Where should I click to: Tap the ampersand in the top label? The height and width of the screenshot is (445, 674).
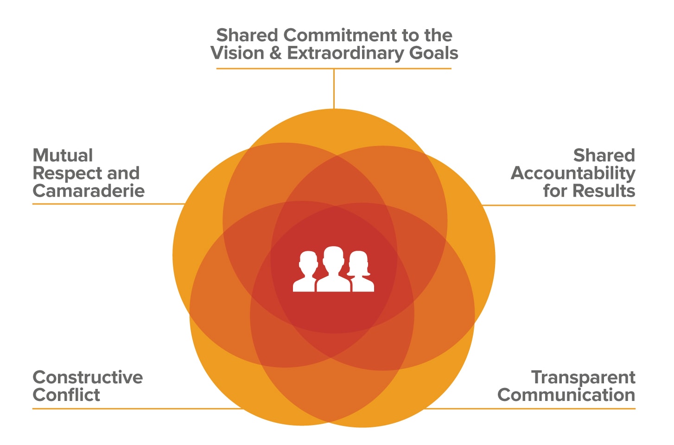click(x=275, y=53)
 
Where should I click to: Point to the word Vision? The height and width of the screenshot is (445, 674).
click(x=237, y=53)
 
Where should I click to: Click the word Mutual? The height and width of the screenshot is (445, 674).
click(x=63, y=156)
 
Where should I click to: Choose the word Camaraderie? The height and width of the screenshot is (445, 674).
click(x=89, y=191)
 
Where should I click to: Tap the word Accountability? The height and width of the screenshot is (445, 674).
click(x=573, y=174)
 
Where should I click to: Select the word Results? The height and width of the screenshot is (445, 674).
click(x=604, y=191)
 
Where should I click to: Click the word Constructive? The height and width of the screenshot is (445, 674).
click(x=88, y=377)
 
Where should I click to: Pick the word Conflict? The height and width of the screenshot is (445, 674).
click(x=66, y=395)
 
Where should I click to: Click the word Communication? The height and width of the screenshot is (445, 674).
click(x=566, y=395)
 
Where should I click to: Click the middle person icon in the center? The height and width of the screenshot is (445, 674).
click(x=333, y=269)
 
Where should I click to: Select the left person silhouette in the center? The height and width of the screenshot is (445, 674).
click(x=305, y=272)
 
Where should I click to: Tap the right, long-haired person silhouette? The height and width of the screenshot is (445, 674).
click(x=361, y=272)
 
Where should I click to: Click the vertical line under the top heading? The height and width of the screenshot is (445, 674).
click(x=334, y=89)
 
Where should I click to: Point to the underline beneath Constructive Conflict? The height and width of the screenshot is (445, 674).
click(x=137, y=408)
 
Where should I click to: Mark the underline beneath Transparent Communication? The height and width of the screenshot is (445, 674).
click(x=530, y=408)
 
